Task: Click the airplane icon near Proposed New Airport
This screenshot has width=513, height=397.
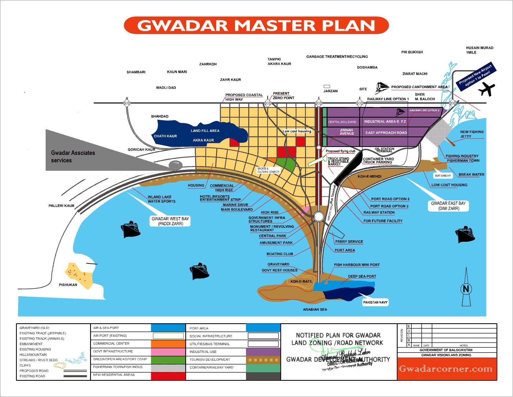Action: click(486, 89)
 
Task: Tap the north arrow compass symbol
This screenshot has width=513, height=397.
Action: click(466, 288)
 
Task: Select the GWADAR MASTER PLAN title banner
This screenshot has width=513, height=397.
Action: click(256, 25)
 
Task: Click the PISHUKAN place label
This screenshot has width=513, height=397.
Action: click(68, 285)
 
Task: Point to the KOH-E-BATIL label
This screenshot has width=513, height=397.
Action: click(301, 281)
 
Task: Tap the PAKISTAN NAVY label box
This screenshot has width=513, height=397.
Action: click(375, 302)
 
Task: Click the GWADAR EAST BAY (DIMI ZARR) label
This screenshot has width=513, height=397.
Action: click(448, 206)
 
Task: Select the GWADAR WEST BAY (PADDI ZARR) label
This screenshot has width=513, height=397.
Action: click(170, 221)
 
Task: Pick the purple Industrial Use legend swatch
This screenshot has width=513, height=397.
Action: click(263, 352)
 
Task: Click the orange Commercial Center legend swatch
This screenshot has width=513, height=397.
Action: click(168, 344)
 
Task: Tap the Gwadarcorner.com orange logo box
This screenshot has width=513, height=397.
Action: click(446, 369)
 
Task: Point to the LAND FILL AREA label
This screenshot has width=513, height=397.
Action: click(205, 131)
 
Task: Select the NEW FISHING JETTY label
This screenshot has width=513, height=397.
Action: click(472, 134)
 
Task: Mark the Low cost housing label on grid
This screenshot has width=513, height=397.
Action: click(296, 131)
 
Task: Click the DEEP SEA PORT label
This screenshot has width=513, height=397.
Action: click(362, 276)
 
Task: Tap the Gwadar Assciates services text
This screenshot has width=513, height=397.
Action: click(73, 157)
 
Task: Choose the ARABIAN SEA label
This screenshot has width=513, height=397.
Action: click(315, 309)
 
